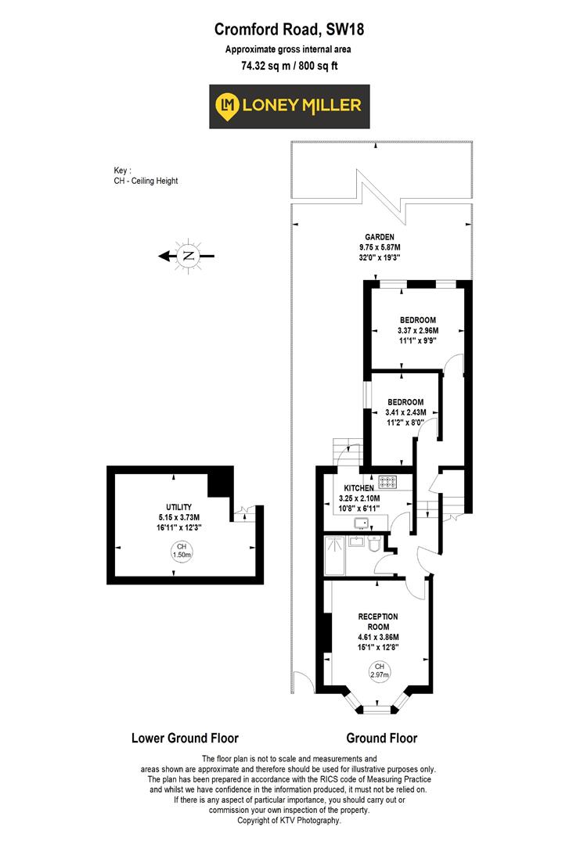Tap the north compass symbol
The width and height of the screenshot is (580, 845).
point(188,255)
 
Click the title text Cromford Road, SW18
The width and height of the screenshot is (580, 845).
point(290,31)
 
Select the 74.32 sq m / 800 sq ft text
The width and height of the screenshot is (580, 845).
point(290,65)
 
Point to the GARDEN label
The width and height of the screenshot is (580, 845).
point(379,237)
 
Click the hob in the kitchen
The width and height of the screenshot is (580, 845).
point(388,481)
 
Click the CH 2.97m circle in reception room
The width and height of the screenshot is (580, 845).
point(379,671)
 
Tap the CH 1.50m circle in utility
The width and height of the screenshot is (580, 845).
point(182,550)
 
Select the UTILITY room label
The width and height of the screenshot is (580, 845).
point(179,507)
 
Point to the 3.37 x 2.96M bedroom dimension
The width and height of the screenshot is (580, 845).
point(418,330)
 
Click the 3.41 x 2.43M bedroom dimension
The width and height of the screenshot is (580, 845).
point(405,412)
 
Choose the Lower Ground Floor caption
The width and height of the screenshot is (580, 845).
point(185,738)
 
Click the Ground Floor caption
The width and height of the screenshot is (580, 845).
point(381,738)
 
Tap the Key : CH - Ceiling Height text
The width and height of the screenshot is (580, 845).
point(146,175)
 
